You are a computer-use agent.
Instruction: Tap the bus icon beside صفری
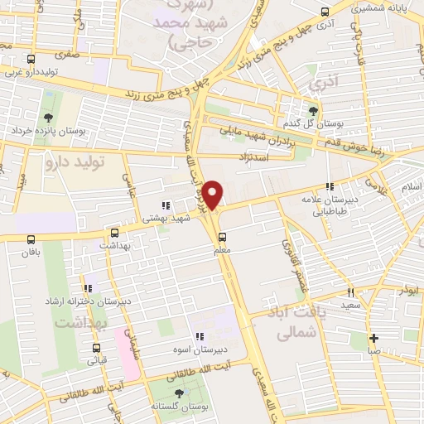[x=31, y=59]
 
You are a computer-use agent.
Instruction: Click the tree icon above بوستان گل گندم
[x=312, y=111]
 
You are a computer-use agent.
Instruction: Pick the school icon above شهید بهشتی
[x=165, y=205]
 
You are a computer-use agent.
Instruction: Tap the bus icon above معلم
[x=221, y=238]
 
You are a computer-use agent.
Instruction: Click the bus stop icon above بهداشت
[x=114, y=233]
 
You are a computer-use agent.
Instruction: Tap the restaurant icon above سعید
[x=350, y=292]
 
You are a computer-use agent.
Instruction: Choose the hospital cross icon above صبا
[x=374, y=337]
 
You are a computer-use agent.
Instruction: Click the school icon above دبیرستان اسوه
[x=199, y=336]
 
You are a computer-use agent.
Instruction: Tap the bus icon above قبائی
[x=96, y=348]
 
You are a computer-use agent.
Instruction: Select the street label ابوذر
[x=406, y=292]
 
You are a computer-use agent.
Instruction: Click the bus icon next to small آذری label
[x=325, y=13]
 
